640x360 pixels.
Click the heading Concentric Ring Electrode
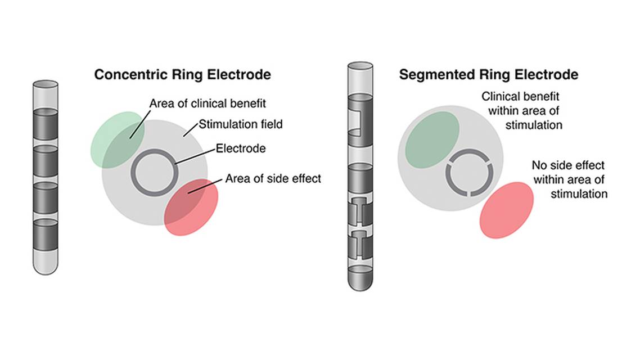point(182,74)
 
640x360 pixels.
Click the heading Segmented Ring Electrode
point(488,74)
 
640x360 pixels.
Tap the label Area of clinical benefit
point(208,103)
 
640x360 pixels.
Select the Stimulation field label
point(241,124)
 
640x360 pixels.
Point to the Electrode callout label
point(241,148)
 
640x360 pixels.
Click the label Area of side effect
point(273,178)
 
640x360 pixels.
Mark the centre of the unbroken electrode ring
point(155,173)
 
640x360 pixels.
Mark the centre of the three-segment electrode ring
point(470,173)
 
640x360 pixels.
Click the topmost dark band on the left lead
point(46,124)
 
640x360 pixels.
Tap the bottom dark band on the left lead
point(46,235)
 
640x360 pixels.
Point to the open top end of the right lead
point(360,66)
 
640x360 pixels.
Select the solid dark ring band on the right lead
point(360,178)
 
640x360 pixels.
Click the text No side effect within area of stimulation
point(570,179)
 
